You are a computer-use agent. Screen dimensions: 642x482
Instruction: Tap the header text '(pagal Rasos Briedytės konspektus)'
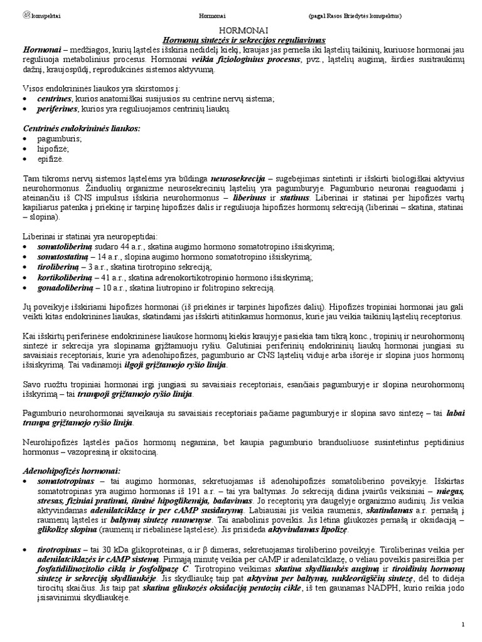pos(355,15)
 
